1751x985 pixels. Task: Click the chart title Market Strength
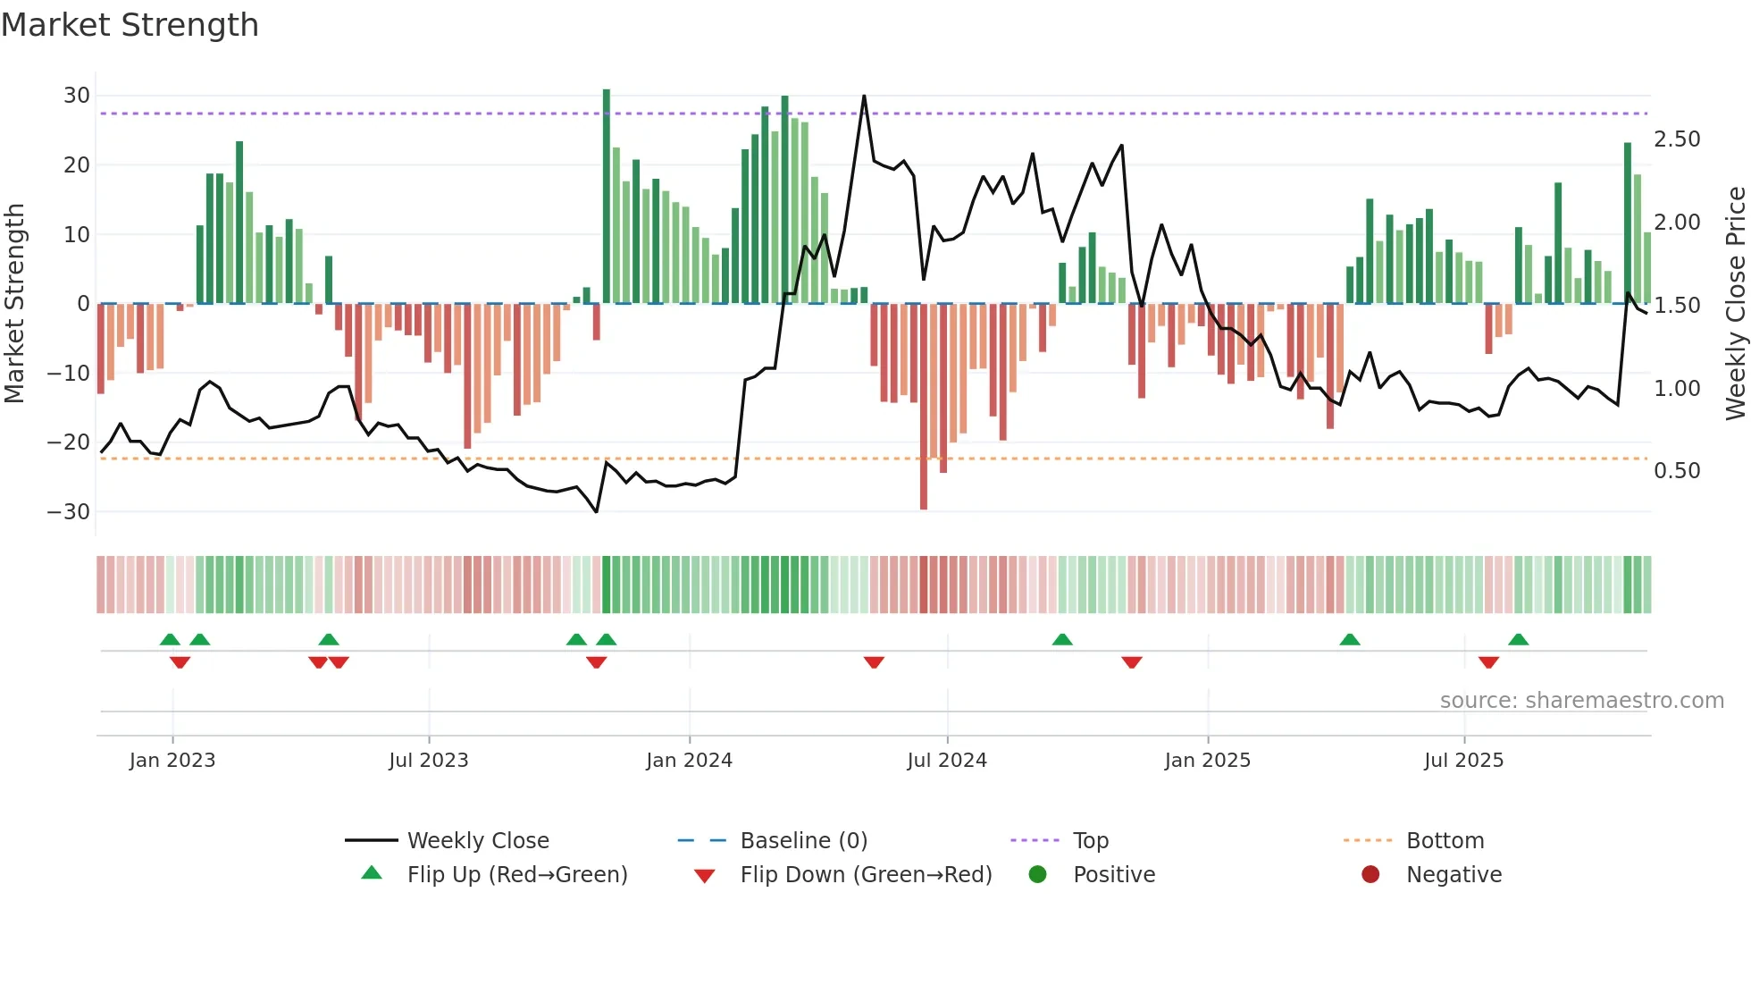130,25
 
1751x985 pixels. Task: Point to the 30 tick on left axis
77,96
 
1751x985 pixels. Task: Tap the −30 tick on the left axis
70,512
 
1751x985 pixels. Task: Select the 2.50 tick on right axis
1677,139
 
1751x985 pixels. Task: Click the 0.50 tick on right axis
1677,471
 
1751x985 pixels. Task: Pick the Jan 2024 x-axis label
689,761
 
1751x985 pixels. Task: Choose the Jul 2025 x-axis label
1463,761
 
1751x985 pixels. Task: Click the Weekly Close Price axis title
1735,304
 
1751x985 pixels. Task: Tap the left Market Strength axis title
15,304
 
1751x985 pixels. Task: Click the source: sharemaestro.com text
1581,701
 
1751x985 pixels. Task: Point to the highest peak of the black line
864,96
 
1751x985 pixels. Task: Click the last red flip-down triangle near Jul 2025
1488,662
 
